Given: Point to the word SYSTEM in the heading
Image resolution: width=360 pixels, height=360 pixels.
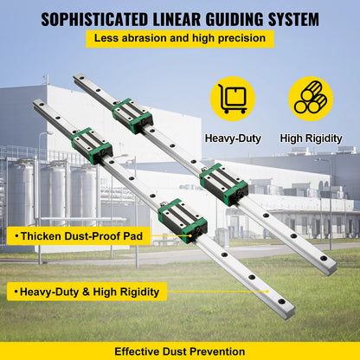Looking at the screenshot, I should [x=294, y=18].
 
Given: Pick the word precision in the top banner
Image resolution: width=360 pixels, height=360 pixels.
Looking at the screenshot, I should [x=239, y=39].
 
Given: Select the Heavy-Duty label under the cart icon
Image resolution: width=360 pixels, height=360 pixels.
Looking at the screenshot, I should [x=233, y=138].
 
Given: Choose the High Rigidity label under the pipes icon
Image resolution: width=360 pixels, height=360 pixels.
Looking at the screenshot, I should [x=311, y=138].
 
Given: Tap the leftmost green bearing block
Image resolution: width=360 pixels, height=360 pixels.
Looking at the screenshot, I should [x=91, y=144].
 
